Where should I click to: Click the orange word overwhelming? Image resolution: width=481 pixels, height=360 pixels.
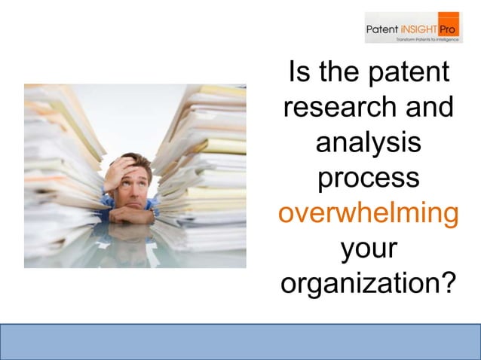(x=368, y=214)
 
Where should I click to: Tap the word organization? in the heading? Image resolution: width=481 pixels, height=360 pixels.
(x=368, y=284)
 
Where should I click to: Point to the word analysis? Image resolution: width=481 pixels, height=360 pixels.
(x=368, y=143)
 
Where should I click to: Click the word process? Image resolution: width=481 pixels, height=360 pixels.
(x=368, y=179)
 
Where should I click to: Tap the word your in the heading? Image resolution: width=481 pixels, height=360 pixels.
(x=368, y=249)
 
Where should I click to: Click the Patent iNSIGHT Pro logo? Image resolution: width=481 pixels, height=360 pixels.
(x=413, y=28)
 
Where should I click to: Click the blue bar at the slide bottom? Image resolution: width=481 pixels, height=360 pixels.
(x=240, y=341)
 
